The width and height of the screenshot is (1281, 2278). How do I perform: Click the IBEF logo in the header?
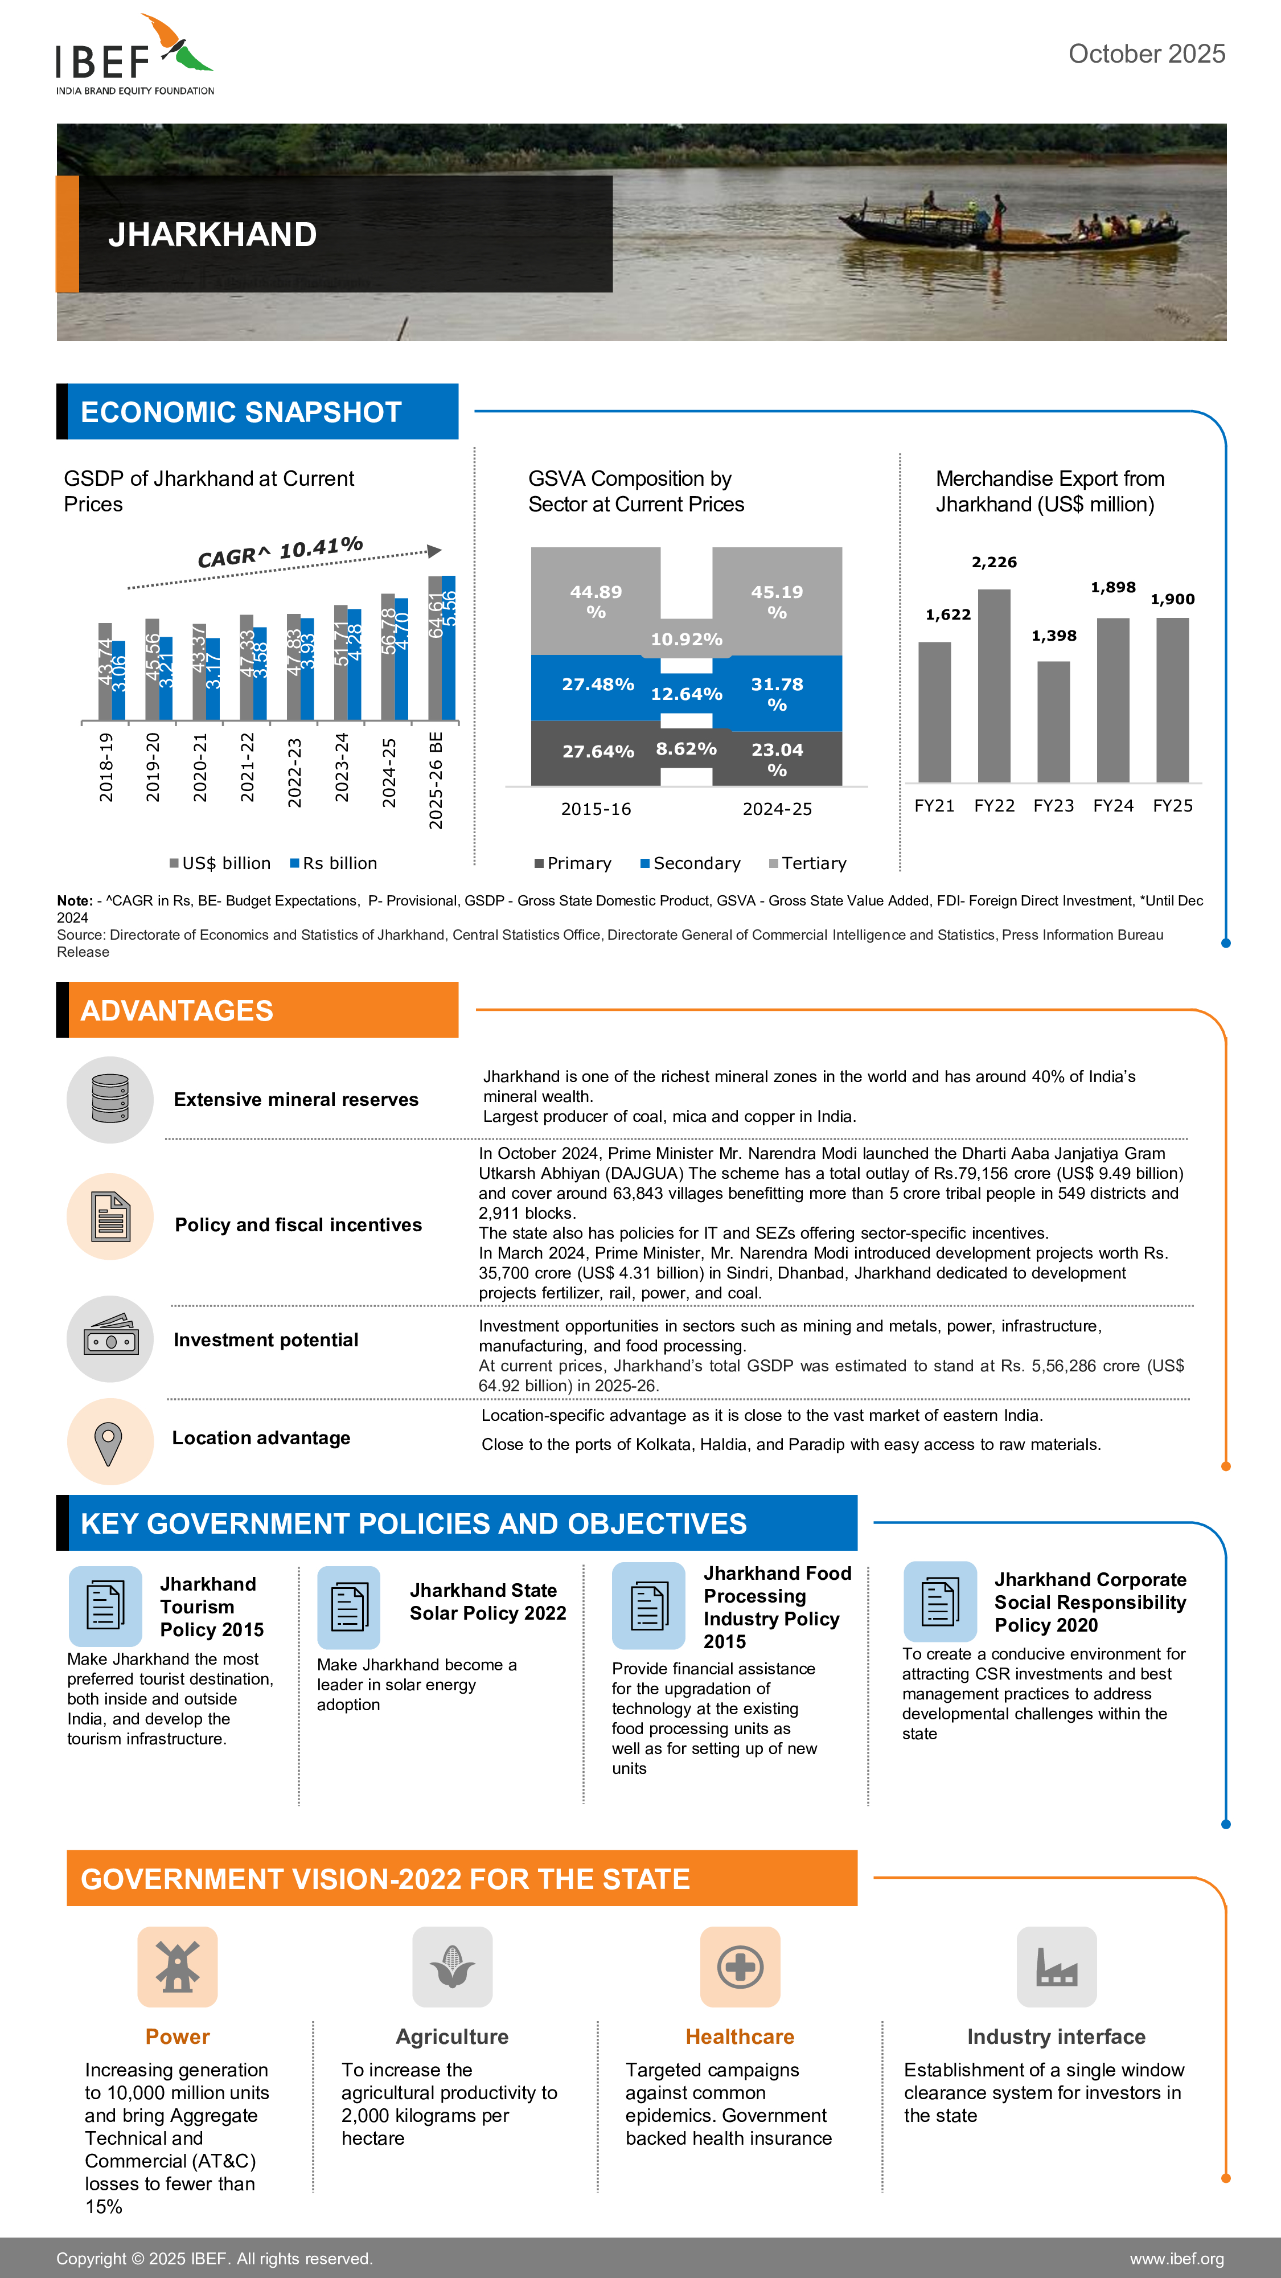134,55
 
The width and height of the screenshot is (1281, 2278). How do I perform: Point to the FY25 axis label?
1172,806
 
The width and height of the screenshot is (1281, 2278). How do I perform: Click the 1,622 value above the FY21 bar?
948,614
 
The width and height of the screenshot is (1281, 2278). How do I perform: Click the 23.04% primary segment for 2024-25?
777,759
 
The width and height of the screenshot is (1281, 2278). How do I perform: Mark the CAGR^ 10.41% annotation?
280,552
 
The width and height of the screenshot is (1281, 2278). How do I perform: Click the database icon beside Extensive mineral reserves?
110,1099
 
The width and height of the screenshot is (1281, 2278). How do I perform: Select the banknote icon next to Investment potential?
110,1339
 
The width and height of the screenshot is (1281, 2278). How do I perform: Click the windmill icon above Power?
178,1966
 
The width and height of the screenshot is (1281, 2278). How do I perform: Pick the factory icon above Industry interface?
1057,1966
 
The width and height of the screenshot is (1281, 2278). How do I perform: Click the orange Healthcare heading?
740,2037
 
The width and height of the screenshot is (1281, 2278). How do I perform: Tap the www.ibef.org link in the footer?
1177,2259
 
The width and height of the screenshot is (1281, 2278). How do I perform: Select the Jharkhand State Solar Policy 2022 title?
487,1601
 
